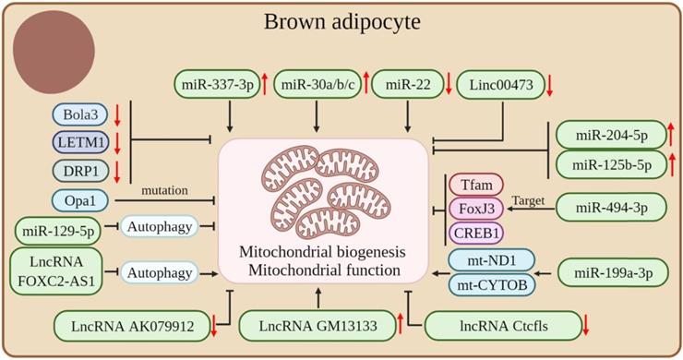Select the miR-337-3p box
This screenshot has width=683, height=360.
(215, 85)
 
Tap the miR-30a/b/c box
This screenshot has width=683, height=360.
(317, 85)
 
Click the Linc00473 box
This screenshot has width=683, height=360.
(496, 85)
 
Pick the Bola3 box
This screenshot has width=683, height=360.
(83, 115)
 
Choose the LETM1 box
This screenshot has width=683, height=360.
(83, 143)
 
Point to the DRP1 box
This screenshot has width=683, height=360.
(83, 171)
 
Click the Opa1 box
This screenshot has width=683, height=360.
(83, 199)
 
